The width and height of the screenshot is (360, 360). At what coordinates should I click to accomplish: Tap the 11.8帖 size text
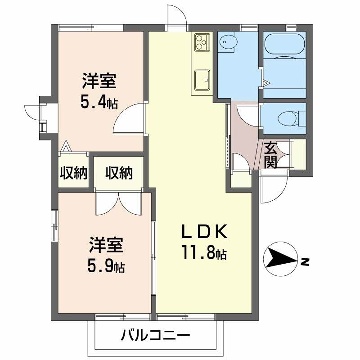click(204, 254)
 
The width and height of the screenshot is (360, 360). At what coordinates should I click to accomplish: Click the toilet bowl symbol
click(290, 119)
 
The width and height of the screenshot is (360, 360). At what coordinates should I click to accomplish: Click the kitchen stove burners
click(199, 43)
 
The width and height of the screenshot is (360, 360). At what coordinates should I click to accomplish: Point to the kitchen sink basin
click(199, 80)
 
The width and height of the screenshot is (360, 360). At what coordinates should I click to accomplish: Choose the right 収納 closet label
click(118, 173)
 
